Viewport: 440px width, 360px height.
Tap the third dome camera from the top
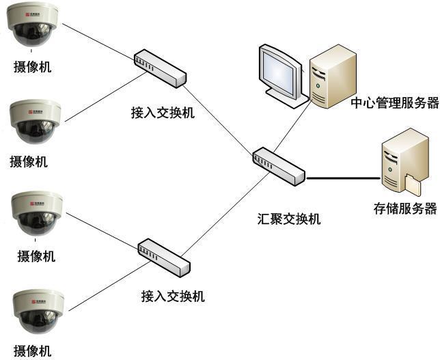[37, 213]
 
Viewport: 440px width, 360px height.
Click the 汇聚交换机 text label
[289, 219]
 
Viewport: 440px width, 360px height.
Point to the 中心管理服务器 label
[394, 103]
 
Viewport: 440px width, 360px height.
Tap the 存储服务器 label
[405, 209]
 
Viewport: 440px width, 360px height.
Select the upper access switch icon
[160, 68]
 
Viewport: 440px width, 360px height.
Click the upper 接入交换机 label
[163, 112]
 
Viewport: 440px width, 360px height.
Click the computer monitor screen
[280, 71]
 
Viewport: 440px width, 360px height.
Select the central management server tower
[332, 75]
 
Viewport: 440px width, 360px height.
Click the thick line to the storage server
[342, 178]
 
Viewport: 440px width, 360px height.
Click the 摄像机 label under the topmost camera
[32, 67]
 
